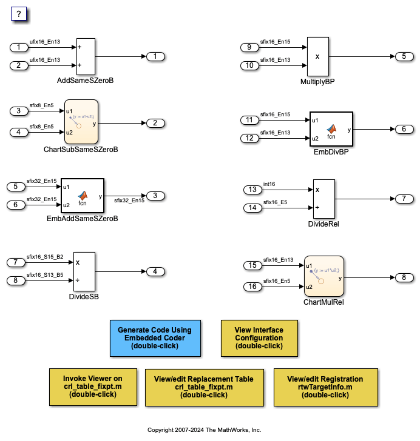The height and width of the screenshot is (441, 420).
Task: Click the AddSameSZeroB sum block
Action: (x=86, y=56)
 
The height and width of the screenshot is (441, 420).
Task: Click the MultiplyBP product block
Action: (x=317, y=56)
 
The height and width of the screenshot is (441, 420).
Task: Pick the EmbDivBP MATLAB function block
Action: (x=331, y=130)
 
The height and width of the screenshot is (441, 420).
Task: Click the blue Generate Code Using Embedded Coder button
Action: (x=155, y=338)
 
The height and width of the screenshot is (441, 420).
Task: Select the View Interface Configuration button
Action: (x=259, y=338)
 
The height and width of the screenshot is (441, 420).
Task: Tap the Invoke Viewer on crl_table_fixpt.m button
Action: (x=93, y=386)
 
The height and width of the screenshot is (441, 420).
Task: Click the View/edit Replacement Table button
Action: (x=204, y=386)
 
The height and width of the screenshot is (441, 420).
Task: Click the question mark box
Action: (x=19, y=14)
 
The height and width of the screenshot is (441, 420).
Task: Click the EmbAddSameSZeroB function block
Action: (x=82, y=196)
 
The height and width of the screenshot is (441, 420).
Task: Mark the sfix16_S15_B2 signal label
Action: (x=46, y=256)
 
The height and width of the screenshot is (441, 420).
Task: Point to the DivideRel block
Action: (x=323, y=199)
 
